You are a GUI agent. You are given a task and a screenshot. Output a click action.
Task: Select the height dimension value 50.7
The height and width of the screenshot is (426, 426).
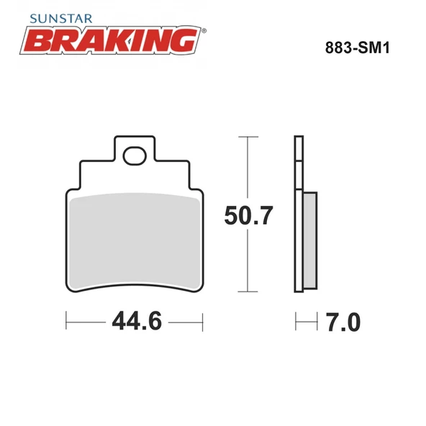click(x=248, y=215)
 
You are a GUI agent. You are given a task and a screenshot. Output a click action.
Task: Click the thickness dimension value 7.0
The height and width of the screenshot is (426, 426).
click(x=342, y=321)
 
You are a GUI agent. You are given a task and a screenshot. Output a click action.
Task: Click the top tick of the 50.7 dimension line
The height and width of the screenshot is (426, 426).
click(x=248, y=136)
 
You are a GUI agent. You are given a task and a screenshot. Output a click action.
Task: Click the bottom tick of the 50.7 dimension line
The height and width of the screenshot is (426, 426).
click(x=248, y=291)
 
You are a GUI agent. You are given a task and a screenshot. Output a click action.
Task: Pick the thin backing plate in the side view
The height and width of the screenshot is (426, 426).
click(x=296, y=216)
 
